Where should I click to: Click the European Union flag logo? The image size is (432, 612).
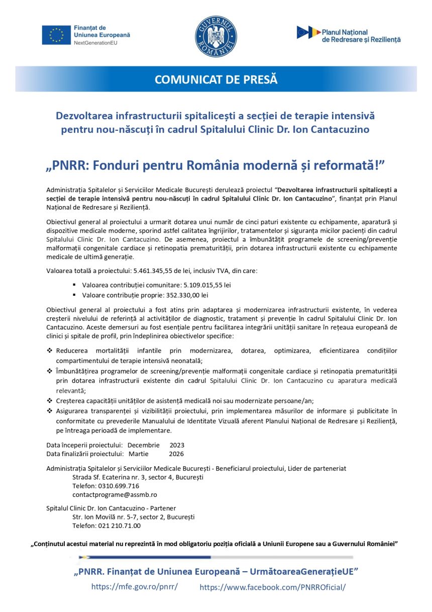(56, 35)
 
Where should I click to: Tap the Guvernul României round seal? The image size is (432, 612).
(216, 36)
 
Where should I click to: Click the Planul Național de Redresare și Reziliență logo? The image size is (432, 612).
(349, 34)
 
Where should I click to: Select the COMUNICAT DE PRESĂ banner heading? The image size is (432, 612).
(216, 79)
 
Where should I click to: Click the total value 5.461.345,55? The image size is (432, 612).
(158, 271)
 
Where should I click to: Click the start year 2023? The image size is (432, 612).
(177, 445)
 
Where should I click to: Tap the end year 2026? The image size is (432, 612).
(176, 454)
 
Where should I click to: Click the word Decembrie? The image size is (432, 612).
(143, 445)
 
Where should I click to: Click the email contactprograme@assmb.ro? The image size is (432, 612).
(115, 494)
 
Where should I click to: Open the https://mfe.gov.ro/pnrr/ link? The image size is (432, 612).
(134, 587)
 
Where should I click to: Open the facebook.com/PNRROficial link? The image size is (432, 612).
(273, 587)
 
